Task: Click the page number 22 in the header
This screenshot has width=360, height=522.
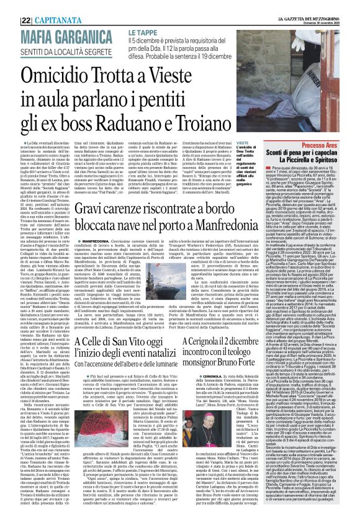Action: click(27, 19)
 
